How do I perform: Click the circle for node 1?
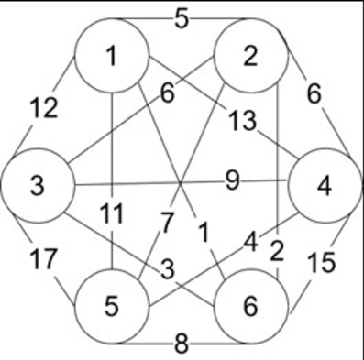coord(111,56)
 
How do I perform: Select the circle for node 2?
coord(250,56)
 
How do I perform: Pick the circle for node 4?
coord(323,186)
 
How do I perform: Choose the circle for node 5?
coord(111,306)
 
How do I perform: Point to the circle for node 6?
coord(250,306)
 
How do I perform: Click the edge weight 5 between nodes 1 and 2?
coord(182,18)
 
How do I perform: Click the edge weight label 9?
coord(233,180)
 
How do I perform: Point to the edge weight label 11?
coord(111,215)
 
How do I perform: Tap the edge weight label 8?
coord(182,344)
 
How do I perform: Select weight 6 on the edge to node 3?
coord(166,93)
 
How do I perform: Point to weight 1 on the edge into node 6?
coord(204,234)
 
